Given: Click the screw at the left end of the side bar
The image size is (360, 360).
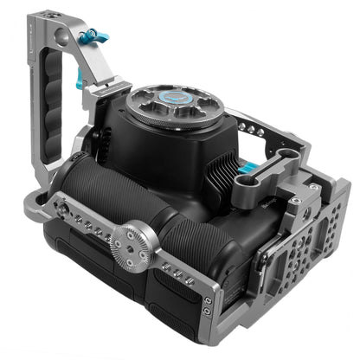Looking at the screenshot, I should point(61,209).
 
